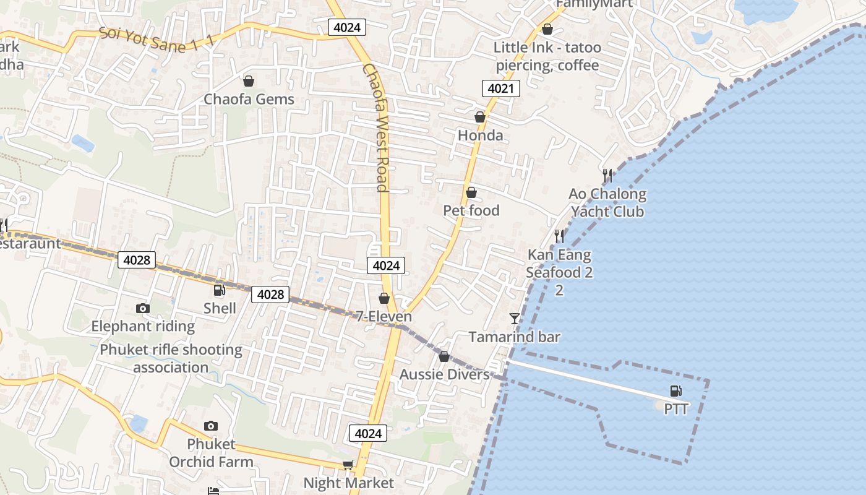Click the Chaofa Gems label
tap(249, 99)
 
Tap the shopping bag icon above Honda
tap(479, 117)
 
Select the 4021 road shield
tap(500, 88)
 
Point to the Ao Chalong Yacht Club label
tap(607, 203)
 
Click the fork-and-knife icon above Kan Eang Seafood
tap(559, 236)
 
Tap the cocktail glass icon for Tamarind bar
tap(515, 319)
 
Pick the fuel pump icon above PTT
tap(676, 391)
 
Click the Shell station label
tap(220, 308)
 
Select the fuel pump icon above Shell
tap(219, 290)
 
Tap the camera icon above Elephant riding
tap(143, 308)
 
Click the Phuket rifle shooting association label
tap(171, 358)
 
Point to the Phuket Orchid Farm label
tap(211, 453)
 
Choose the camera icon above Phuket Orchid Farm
tap(211, 426)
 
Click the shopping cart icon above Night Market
tap(348, 465)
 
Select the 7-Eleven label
tap(384, 316)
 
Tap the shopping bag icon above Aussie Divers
tap(444, 356)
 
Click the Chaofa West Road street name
tap(377, 127)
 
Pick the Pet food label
tap(471, 210)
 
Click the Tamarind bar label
tap(514, 337)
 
